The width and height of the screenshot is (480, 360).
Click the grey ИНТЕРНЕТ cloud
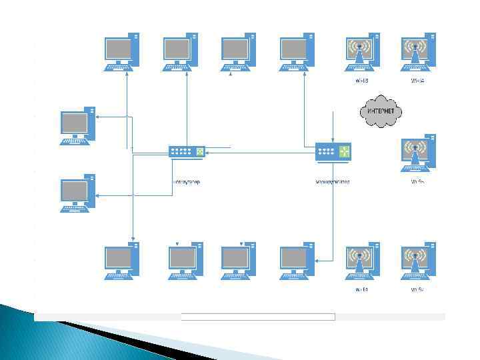381,112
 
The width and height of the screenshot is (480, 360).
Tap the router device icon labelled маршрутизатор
333,153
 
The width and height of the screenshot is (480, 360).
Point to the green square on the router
344,151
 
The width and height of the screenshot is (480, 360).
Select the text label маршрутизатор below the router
333,181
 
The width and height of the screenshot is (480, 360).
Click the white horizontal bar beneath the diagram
257,317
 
